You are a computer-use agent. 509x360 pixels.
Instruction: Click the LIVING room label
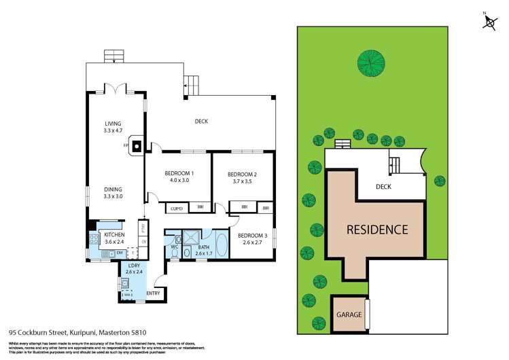pyautogui.click(x=113, y=124)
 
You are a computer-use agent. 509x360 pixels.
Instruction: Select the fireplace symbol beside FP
pyautogui.click(x=137, y=145)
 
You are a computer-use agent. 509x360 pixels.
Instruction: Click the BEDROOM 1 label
pyautogui.click(x=179, y=173)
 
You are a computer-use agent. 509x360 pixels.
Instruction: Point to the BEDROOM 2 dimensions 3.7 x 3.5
pyautogui.click(x=242, y=181)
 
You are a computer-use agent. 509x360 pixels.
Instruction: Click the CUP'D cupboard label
pyautogui.click(x=177, y=208)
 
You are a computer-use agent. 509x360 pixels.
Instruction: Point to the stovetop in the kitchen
pyautogui.click(x=93, y=239)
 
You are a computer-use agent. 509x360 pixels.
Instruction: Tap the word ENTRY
pyautogui.click(x=153, y=293)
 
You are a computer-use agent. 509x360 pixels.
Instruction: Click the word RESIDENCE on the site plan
pyautogui.click(x=378, y=230)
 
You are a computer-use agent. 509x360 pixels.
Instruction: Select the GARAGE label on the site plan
pyautogui.click(x=348, y=315)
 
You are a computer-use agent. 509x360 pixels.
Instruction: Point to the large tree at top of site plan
pyautogui.click(x=370, y=65)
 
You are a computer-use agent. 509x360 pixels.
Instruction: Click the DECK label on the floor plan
pyautogui.click(x=201, y=122)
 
